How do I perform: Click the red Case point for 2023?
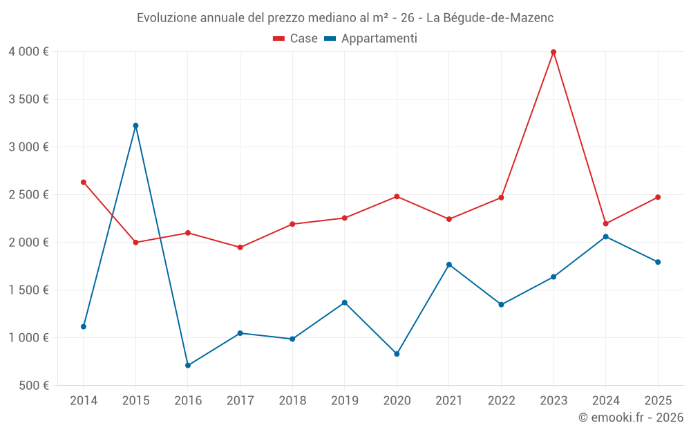553,52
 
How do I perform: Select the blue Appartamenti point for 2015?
135,125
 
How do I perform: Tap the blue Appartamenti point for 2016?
188,365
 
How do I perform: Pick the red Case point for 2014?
84,182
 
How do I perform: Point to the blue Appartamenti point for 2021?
449,265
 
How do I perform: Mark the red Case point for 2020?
397,196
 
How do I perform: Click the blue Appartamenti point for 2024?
606,236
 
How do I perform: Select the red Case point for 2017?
240,247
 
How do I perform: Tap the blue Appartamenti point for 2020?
397,354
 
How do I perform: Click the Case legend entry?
296,39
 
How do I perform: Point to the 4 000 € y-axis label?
28,52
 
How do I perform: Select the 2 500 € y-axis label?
28,194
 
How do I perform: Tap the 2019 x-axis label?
344,400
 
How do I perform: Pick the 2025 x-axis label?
658,400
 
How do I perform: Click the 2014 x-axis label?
84,400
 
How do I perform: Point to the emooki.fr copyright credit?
630,417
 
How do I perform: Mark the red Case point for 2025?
658,197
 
